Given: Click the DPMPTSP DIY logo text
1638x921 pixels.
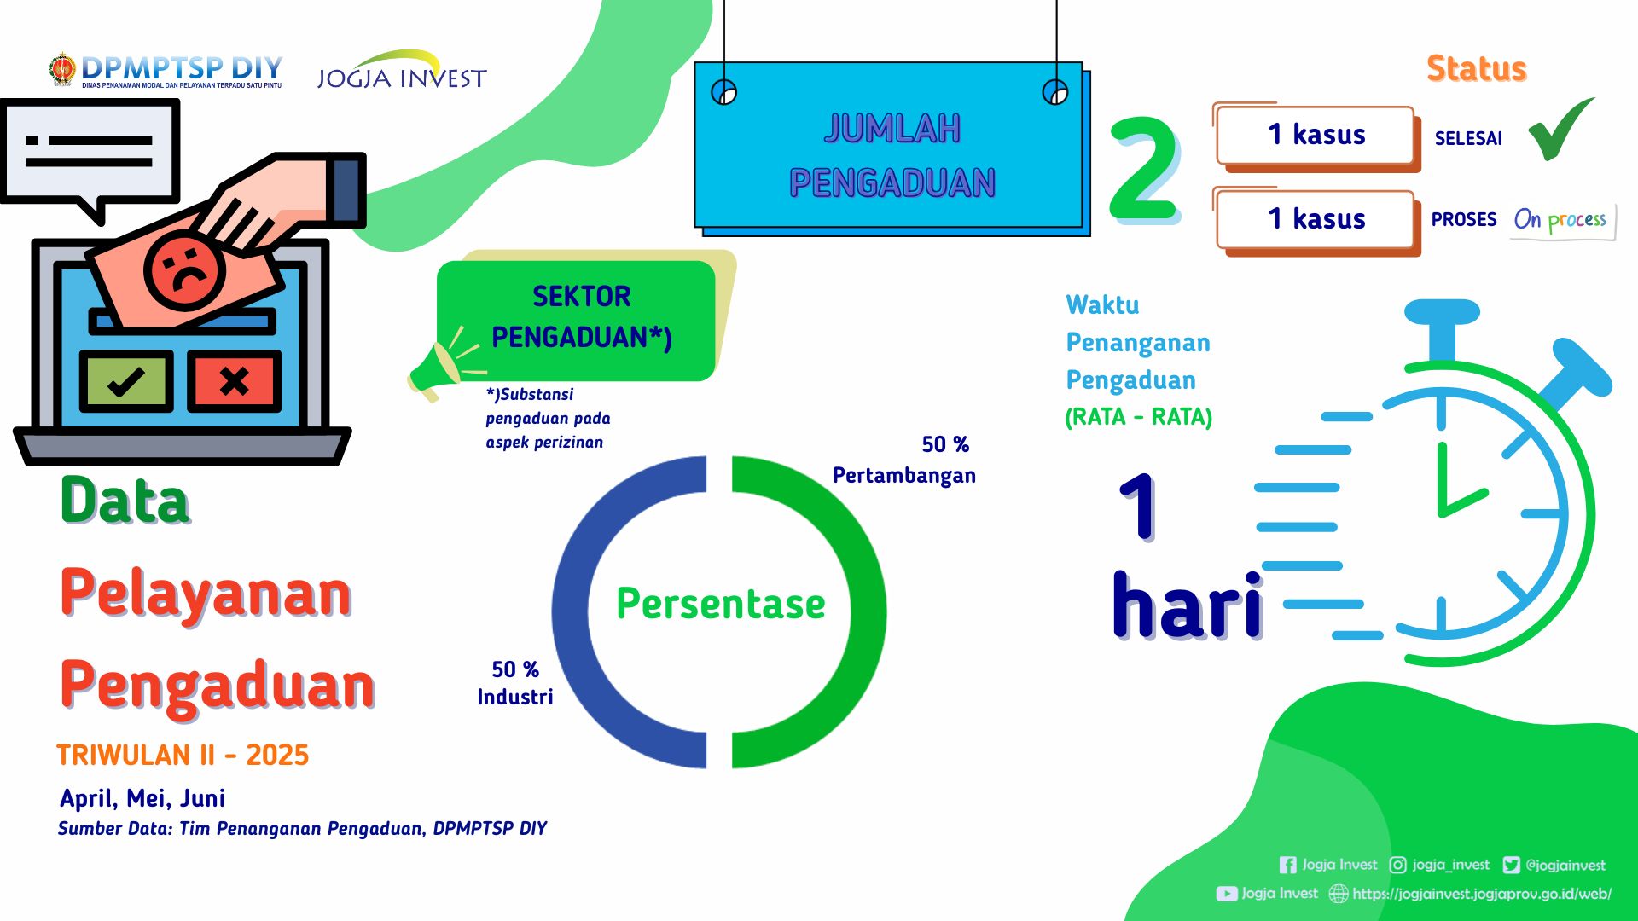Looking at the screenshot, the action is pos(181,68).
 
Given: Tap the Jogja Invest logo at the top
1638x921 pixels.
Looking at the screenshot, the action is pos(402,70).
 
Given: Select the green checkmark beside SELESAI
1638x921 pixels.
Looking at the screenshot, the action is pos(1560,129).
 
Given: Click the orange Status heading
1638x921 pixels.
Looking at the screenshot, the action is pos(1477,68).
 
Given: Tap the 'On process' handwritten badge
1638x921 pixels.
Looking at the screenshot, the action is pos(1562,220).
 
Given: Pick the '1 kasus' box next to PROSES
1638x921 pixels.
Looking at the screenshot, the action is pos(1316,219).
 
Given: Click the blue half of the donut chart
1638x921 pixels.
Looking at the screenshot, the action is pos(570,612).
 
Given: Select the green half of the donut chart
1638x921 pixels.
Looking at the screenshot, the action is pos(868,612).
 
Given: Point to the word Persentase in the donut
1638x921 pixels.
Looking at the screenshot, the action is pos(721,604).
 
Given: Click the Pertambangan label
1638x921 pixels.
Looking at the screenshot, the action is pos(904,475).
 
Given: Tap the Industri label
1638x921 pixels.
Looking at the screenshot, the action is pos(515,697).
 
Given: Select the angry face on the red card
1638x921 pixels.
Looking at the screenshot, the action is pos(184,270).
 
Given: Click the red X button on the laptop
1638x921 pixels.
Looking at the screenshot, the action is pos(235,381).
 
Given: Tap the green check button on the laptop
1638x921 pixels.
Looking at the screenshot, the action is pos(126,381).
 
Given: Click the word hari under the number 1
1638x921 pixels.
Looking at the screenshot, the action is pos(1188,605).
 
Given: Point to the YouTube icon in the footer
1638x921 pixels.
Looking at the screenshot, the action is pos(1227,894).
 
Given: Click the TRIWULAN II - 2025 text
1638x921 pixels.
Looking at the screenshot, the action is pos(183,756).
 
